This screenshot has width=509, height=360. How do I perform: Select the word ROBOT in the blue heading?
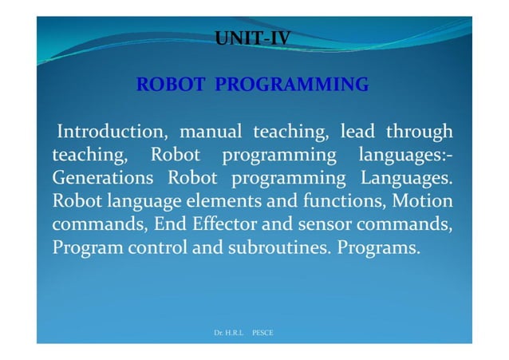pyautogui.click(x=165, y=84)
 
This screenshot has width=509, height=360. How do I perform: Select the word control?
pyautogui.click(x=157, y=247)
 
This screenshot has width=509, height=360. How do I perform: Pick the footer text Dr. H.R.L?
pyautogui.click(x=229, y=331)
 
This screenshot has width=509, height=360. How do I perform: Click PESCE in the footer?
pyautogui.click(x=262, y=331)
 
